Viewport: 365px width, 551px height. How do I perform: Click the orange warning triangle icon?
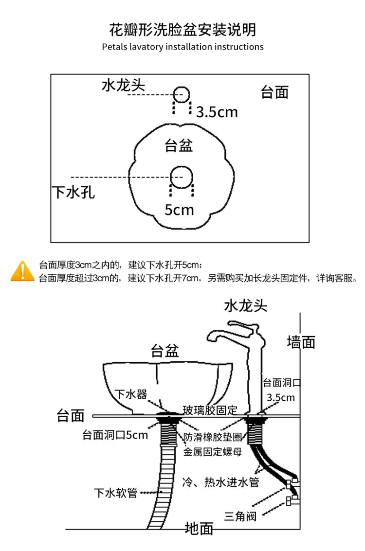(22, 271)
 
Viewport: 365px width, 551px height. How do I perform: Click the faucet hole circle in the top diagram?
(182, 94)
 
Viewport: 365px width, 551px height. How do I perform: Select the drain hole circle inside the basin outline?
(181, 176)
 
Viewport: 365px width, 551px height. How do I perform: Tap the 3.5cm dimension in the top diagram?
(217, 112)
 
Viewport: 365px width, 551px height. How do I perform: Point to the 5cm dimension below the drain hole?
(179, 210)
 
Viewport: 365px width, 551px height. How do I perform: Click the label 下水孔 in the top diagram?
(73, 192)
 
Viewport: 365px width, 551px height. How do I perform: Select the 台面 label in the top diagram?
(275, 92)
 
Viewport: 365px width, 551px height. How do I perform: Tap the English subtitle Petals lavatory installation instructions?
(182, 47)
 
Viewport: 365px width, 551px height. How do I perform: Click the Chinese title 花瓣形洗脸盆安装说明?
(182, 30)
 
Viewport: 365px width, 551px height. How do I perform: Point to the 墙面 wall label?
(301, 342)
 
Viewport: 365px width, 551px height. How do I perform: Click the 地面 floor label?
(199, 528)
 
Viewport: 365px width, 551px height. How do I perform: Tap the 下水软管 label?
(115, 493)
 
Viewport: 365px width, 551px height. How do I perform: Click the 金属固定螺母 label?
(212, 451)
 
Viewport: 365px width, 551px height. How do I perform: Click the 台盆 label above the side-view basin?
(164, 351)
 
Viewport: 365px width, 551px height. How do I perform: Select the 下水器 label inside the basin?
(131, 394)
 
